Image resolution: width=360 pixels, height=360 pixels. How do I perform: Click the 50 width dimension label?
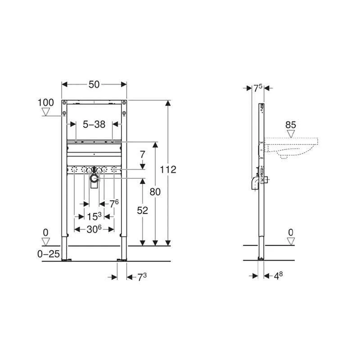[94, 85]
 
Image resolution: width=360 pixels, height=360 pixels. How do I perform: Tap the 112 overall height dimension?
[168, 170]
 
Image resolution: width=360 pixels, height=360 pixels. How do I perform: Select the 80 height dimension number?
[155, 192]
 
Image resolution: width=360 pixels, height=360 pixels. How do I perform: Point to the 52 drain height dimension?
[143, 211]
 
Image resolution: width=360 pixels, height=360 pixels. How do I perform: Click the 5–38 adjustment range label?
[94, 125]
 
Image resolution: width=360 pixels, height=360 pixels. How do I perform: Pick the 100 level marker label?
[46, 103]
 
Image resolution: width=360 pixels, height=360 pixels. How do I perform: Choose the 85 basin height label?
[291, 125]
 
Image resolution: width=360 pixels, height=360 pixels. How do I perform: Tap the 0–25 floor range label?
[49, 254]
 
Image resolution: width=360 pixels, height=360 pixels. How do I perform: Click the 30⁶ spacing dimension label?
[94, 229]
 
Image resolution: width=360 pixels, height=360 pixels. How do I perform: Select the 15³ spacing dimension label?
[94, 216]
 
